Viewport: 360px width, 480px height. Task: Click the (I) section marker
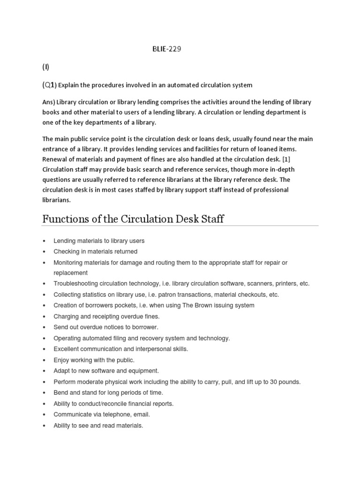46,67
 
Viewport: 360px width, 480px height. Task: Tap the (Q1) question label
49,85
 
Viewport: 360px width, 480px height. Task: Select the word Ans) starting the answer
50,102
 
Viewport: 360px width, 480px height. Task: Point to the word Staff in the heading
211,218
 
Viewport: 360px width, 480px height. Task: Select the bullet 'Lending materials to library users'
99,240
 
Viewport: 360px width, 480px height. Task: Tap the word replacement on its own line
71,273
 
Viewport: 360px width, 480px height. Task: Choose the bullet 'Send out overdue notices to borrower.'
106,327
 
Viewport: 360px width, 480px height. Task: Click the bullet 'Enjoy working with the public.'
94,360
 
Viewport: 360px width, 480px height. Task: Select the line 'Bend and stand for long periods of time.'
108,392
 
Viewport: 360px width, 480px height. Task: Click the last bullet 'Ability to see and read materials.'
98,425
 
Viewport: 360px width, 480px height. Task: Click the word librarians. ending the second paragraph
56,199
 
